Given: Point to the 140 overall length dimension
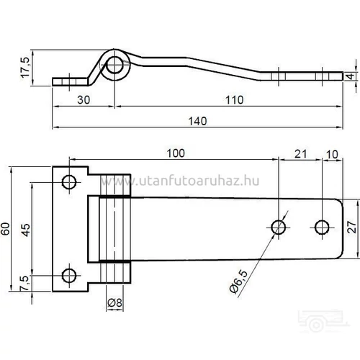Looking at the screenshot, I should click(195, 121).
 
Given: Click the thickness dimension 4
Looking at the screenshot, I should click(349, 76).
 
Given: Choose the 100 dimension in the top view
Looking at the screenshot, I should click(174, 153).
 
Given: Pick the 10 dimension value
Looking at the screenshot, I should click(331, 153).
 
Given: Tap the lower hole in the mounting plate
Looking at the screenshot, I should click(70, 274).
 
